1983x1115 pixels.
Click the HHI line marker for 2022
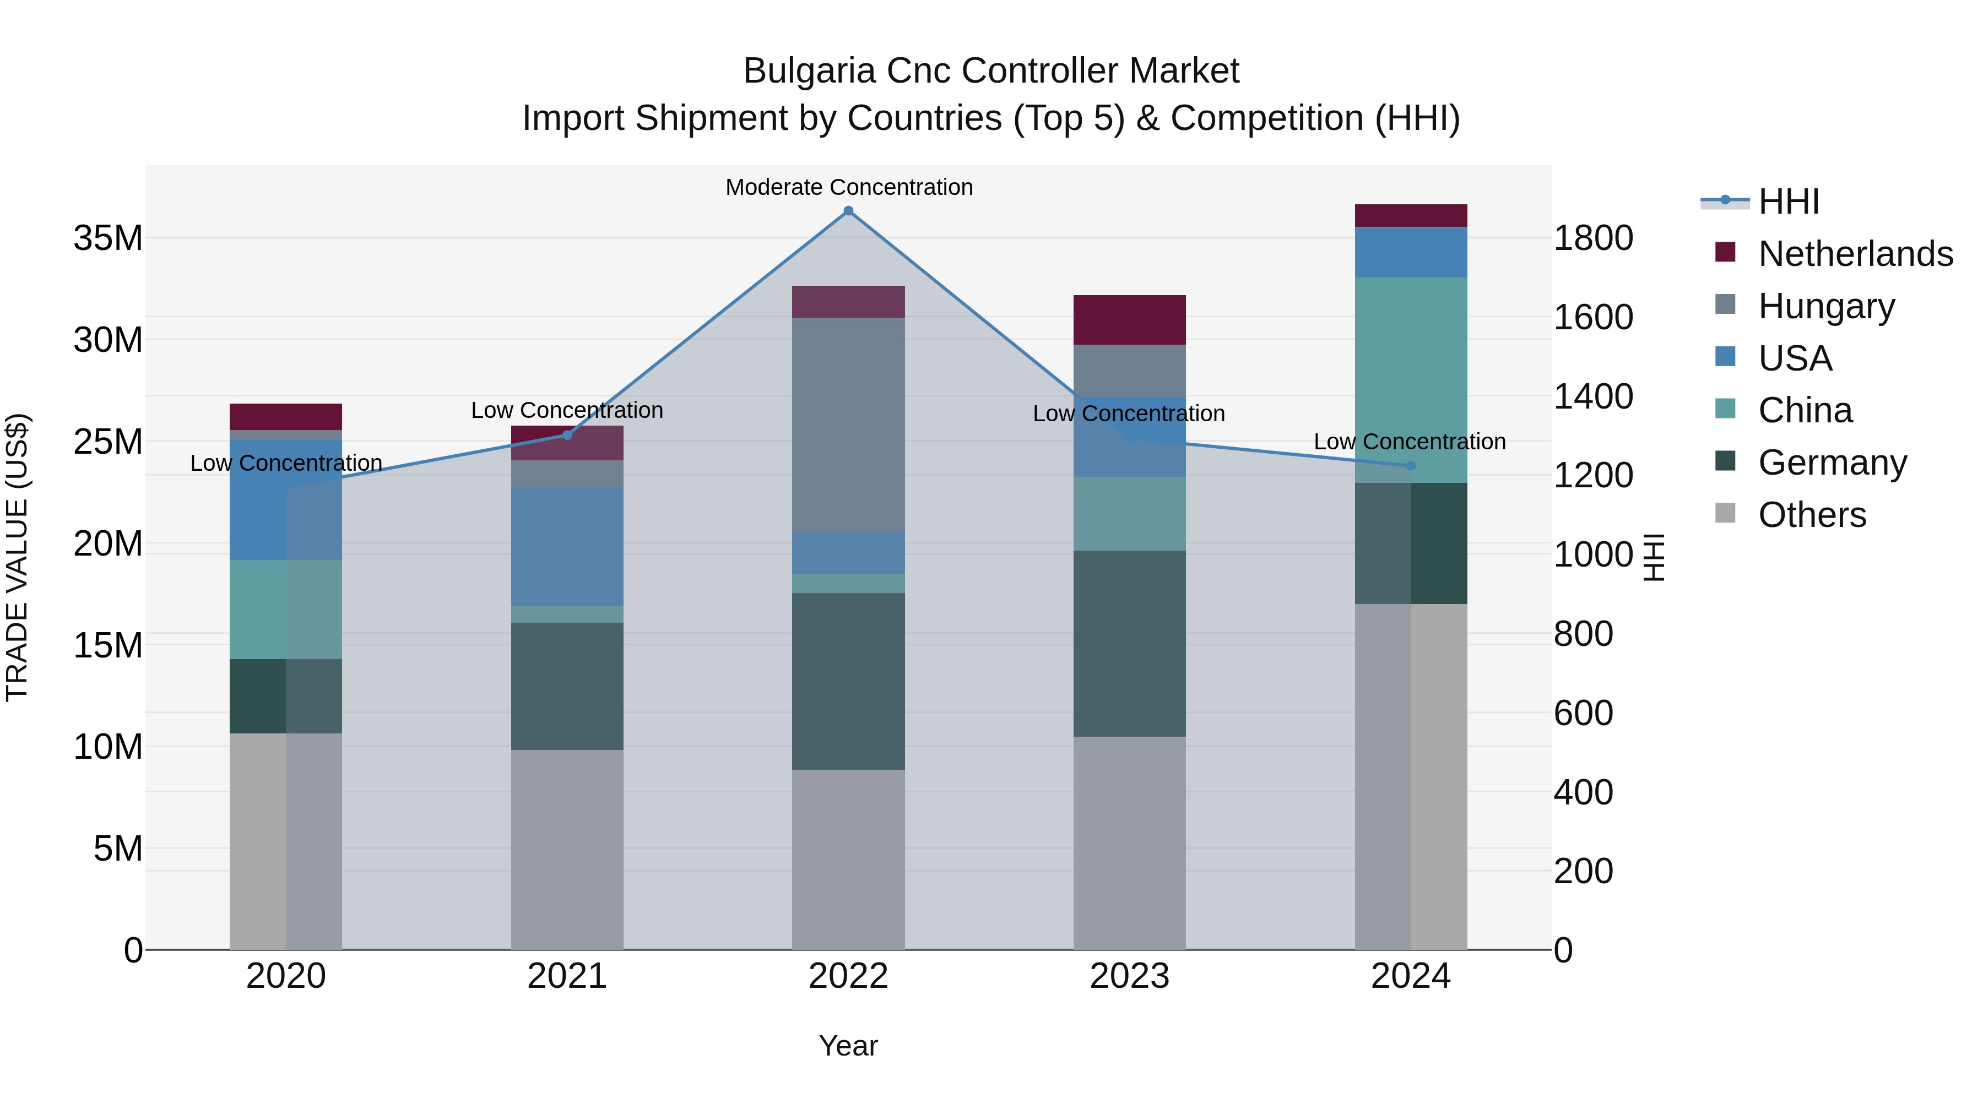click(x=848, y=211)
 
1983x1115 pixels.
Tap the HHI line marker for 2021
click(x=567, y=435)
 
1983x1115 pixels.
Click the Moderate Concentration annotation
click(x=848, y=187)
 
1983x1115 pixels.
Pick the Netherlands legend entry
click(x=1855, y=254)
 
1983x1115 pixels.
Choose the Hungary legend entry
click(x=1826, y=306)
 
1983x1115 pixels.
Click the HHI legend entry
click(x=1788, y=202)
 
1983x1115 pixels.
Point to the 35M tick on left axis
click(x=108, y=238)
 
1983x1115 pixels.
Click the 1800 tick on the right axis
click(x=1592, y=238)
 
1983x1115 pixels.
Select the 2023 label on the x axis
click(x=1129, y=976)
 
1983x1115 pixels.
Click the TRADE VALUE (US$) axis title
click(x=17, y=557)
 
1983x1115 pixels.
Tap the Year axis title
click(x=848, y=1046)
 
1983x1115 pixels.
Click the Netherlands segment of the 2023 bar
click(x=1129, y=319)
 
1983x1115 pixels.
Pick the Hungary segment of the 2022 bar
click(x=848, y=424)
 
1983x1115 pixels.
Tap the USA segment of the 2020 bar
click(x=285, y=499)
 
